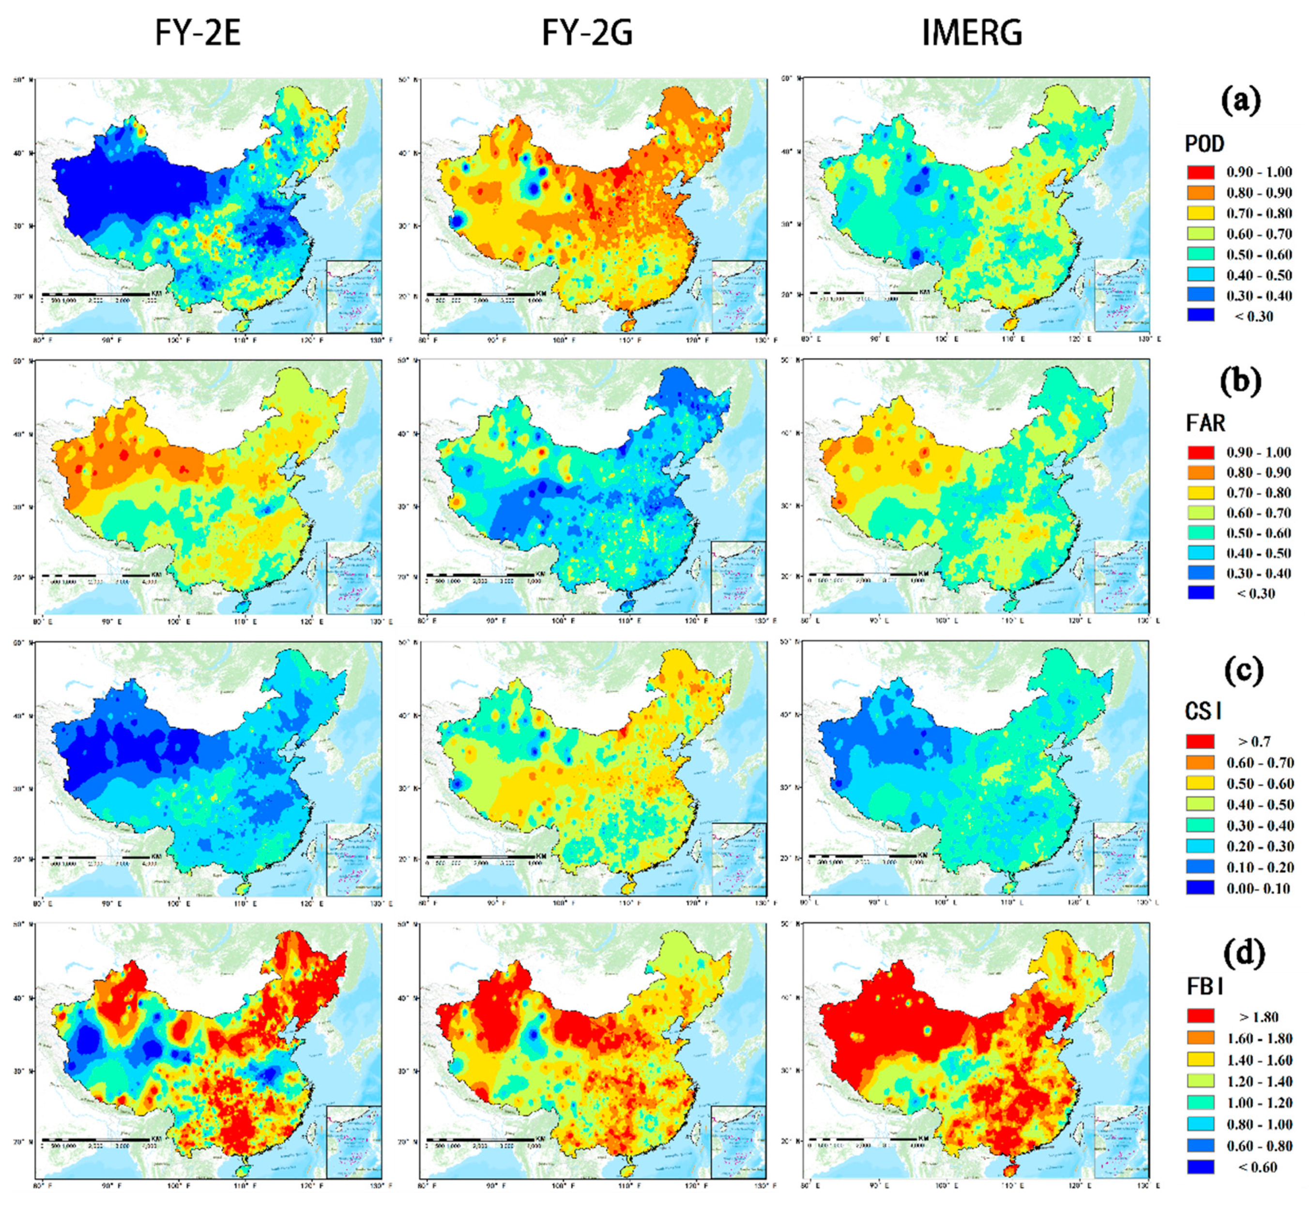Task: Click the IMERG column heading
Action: pyautogui.click(x=972, y=32)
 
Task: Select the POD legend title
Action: pyautogui.click(x=1204, y=143)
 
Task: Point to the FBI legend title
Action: pyautogui.click(x=1205, y=986)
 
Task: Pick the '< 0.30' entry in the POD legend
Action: pyautogui.click(x=1253, y=316)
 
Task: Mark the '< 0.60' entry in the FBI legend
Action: pyautogui.click(x=1256, y=1167)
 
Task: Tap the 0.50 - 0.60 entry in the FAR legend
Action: pyautogui.click(x=1258, y=532)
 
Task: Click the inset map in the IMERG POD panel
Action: pyautogui.click(x=1121, y=295)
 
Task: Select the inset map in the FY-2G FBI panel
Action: pyautogui.click(x=738, y=1141)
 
